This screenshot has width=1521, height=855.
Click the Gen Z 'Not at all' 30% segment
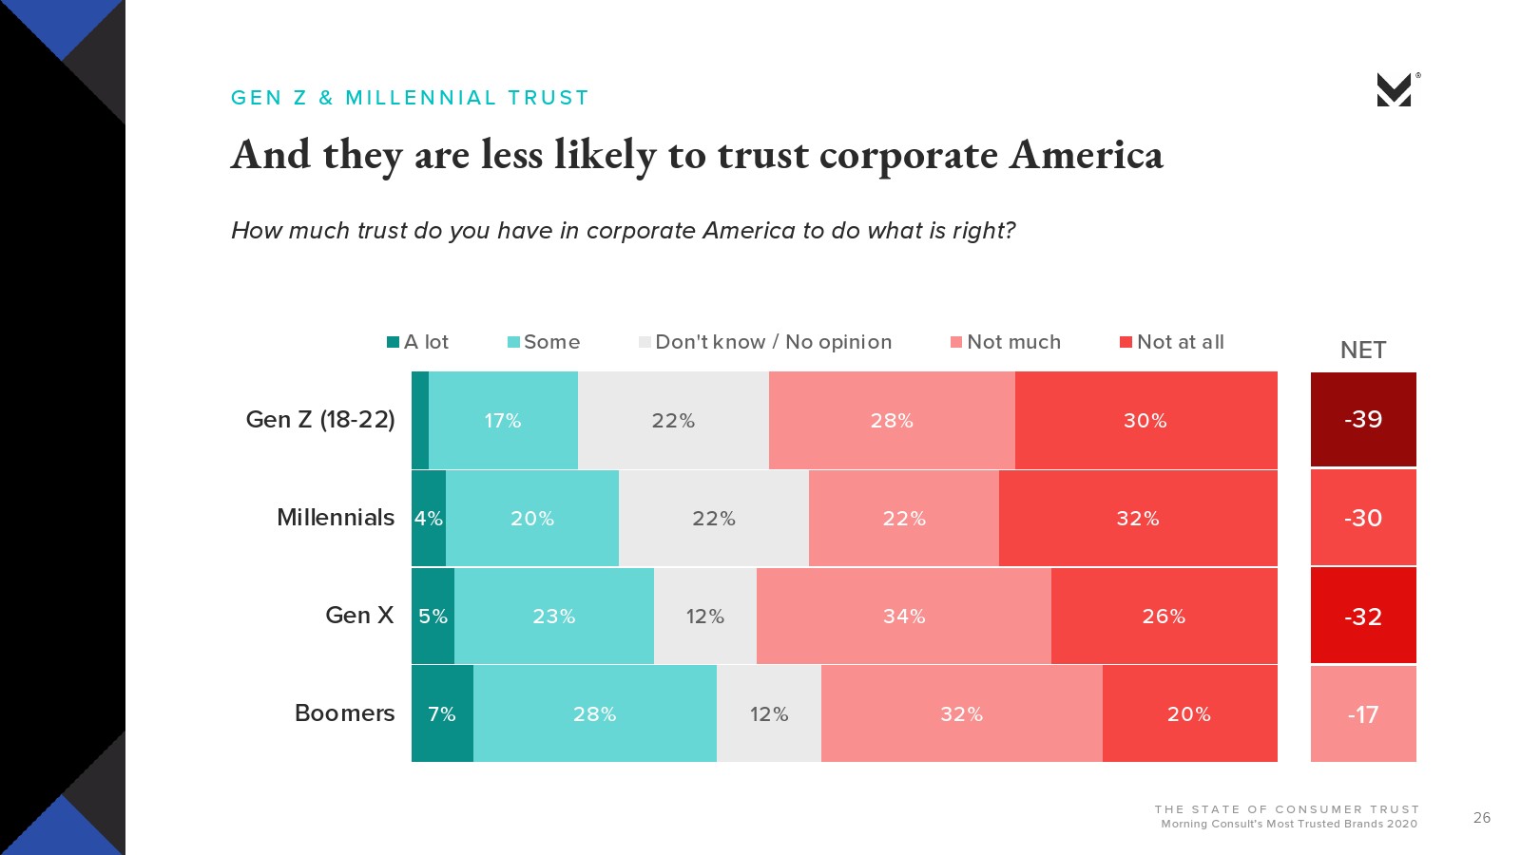pyautogui.click(x=1146, y=420)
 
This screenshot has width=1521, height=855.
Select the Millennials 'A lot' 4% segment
pyautogui.click(x=428, y=518)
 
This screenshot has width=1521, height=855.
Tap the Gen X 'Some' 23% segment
pyautogui.click(x=553, y=616)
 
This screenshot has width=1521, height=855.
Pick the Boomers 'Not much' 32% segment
pyautogui.click(x=961, y=713)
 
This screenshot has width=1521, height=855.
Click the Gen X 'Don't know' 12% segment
pyautogui.click(x=704, y=616)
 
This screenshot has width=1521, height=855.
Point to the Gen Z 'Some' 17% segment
pyautogui.click(x=503, y=420)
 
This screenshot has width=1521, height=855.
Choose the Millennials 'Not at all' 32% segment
pyautogui.click(x=1138, y=518)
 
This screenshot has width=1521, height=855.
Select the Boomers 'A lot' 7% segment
pyautogui.click(x=442, y=713)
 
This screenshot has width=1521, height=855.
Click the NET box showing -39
pyautogui.click(x=1363, y=419)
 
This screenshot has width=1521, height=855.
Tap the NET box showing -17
pyautogui.click(x=1363, y=713)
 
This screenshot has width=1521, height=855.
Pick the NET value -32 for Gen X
pyautogui.click(x=1363, y=616)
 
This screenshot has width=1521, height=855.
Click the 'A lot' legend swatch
pyautogui.click(x=393, y=342)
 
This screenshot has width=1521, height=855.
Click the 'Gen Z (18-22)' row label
pyautogui.click(x=320, y=419)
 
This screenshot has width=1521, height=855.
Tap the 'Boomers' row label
pyautogui.click(x=344, y=712)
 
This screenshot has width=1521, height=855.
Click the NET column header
pyautogui.click(x=1363, y=350)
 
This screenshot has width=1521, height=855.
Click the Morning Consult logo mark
pyautogui.click(x=1395, y=89)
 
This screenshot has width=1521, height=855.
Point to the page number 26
pyautogui.click(x=1482, y=817)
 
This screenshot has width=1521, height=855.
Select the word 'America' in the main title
pyautogui.click(x=1087, y=155)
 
